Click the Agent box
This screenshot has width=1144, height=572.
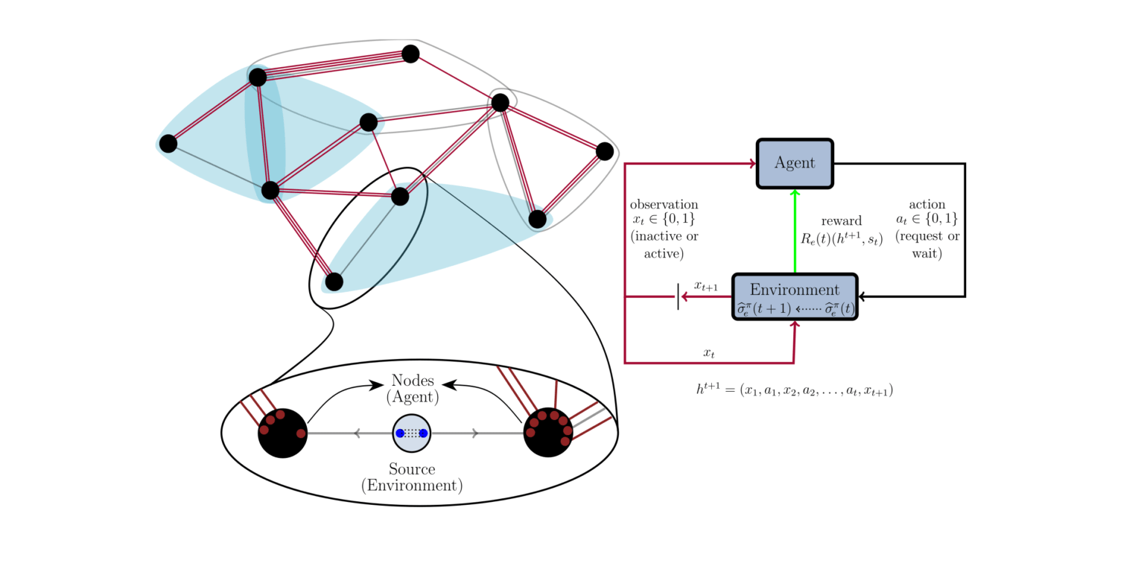click(794, 163)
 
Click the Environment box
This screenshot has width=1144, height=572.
click(795, 297)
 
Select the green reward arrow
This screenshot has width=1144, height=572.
click(795, 231)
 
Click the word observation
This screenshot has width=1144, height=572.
click(664, 204)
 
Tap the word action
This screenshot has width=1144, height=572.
click(927, 204)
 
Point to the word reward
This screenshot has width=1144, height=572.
click(841, 221)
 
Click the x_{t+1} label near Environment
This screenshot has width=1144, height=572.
click(705, 286)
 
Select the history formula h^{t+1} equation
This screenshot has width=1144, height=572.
click(794, 390)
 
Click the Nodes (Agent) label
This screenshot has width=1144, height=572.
click(412, 389)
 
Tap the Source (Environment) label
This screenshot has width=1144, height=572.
click(412, 477)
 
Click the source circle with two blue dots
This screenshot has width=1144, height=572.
click(412, 433)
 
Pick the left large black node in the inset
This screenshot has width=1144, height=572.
click(282, 433)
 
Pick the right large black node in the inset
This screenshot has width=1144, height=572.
click(548, 433)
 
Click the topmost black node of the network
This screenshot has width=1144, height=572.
click(410, 54)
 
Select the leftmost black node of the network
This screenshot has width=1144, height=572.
click(168, 143)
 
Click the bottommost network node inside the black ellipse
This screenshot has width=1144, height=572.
click(334, 282)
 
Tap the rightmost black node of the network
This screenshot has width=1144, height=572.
click(605, 151)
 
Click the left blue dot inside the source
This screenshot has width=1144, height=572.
click(400, 433)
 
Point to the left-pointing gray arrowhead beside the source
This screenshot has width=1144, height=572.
click(357, 433)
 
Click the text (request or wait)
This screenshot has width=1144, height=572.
click(927, 245)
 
